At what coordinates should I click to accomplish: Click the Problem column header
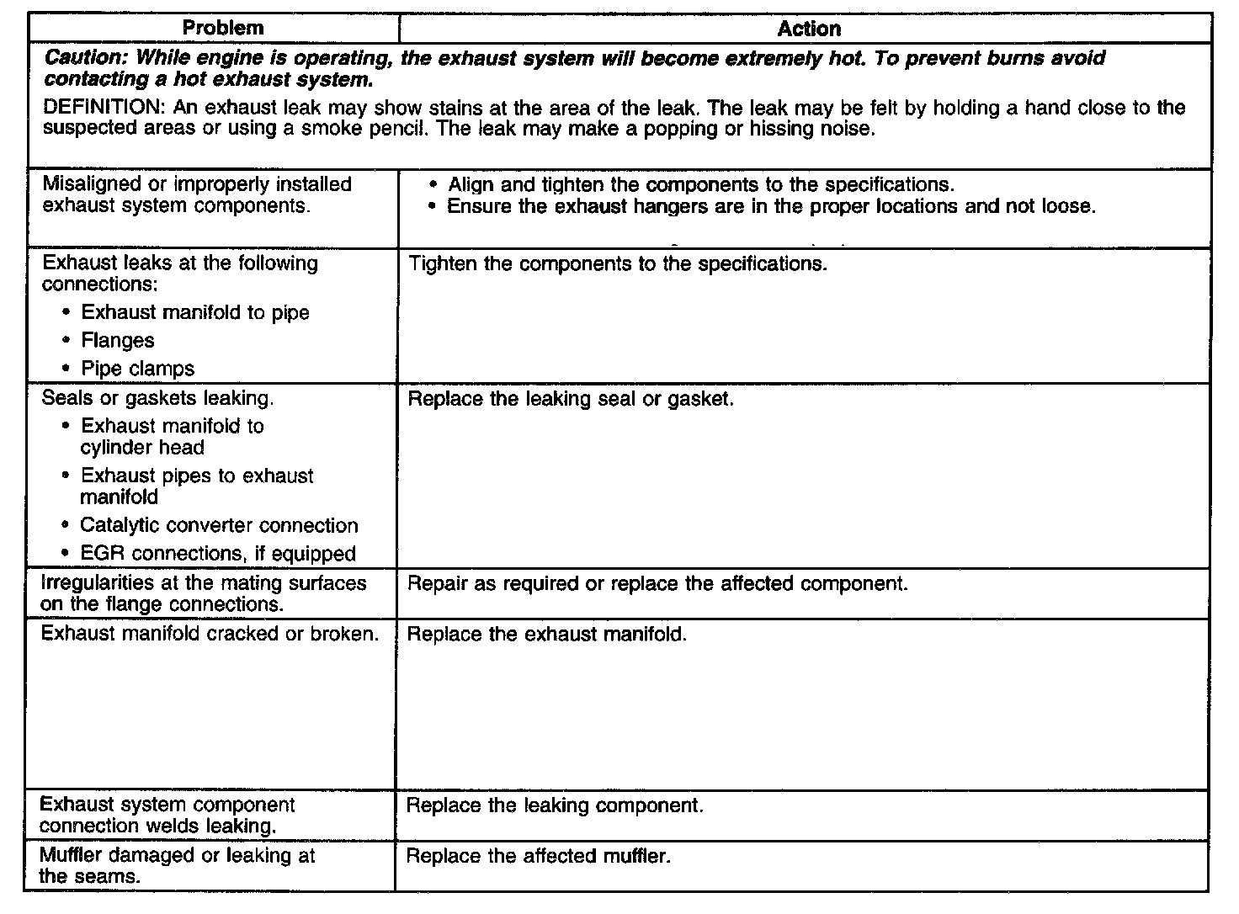tap(223, 28)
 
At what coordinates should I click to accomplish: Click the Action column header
tap(808, 29)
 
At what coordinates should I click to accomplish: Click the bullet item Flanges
tap(118, 341)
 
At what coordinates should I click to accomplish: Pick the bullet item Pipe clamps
tap(137, 369)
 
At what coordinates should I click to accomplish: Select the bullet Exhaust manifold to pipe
tap(194, 312)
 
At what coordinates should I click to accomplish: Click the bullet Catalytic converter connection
tap(219, 525)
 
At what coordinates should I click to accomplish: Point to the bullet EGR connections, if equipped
tap(218, 554)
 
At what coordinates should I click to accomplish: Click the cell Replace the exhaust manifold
tap(547, 634)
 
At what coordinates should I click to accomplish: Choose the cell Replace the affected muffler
tap(539, 856)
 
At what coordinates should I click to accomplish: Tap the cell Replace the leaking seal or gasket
tap(571, 398)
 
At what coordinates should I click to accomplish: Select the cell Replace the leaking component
tap(555, 805)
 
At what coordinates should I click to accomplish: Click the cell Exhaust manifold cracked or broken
tap(210, 634)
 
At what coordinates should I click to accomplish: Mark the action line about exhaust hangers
tap(771, 206)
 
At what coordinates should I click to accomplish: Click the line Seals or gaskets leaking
tap(157, 398)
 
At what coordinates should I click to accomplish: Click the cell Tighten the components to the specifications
tap(618, 263)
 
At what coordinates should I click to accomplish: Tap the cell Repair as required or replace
tap(657, 583)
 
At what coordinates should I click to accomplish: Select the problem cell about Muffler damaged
tap(177, 865)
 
